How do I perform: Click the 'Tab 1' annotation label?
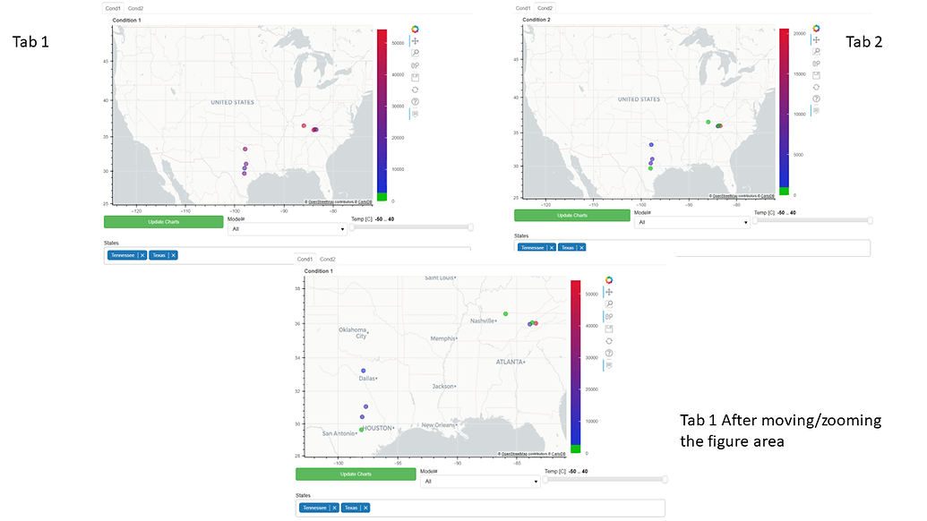pyautogui.click(x=30, y=42)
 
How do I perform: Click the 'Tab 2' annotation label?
pyautogui.click(x=864, y=42)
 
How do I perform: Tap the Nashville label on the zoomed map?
pyautogui.click(x=484, y=320)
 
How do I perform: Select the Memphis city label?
pyautogui.click(x=442, y=338)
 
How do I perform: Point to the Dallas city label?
pyautogui.click(x=366, y=379)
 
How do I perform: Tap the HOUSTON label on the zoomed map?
pyautogui.click(x=378, y=428)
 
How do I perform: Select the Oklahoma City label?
pyautogui.click(x=353, y=333)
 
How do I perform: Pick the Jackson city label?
pyautogui.click(x=443, y=387)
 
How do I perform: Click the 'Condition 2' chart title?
pyautogui.click(x=536, y=19)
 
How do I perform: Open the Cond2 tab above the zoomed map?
pyautogui.click(x=328, y=259)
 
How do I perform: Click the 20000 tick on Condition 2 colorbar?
pyautogui.click(x=800, y=33)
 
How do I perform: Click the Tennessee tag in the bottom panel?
pyautogui.click(x=316, y=508)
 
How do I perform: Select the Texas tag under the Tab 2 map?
pyautogui.click(x=567, y=247)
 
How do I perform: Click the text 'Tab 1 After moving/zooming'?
pyautogui.click(x=780, y=421)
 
